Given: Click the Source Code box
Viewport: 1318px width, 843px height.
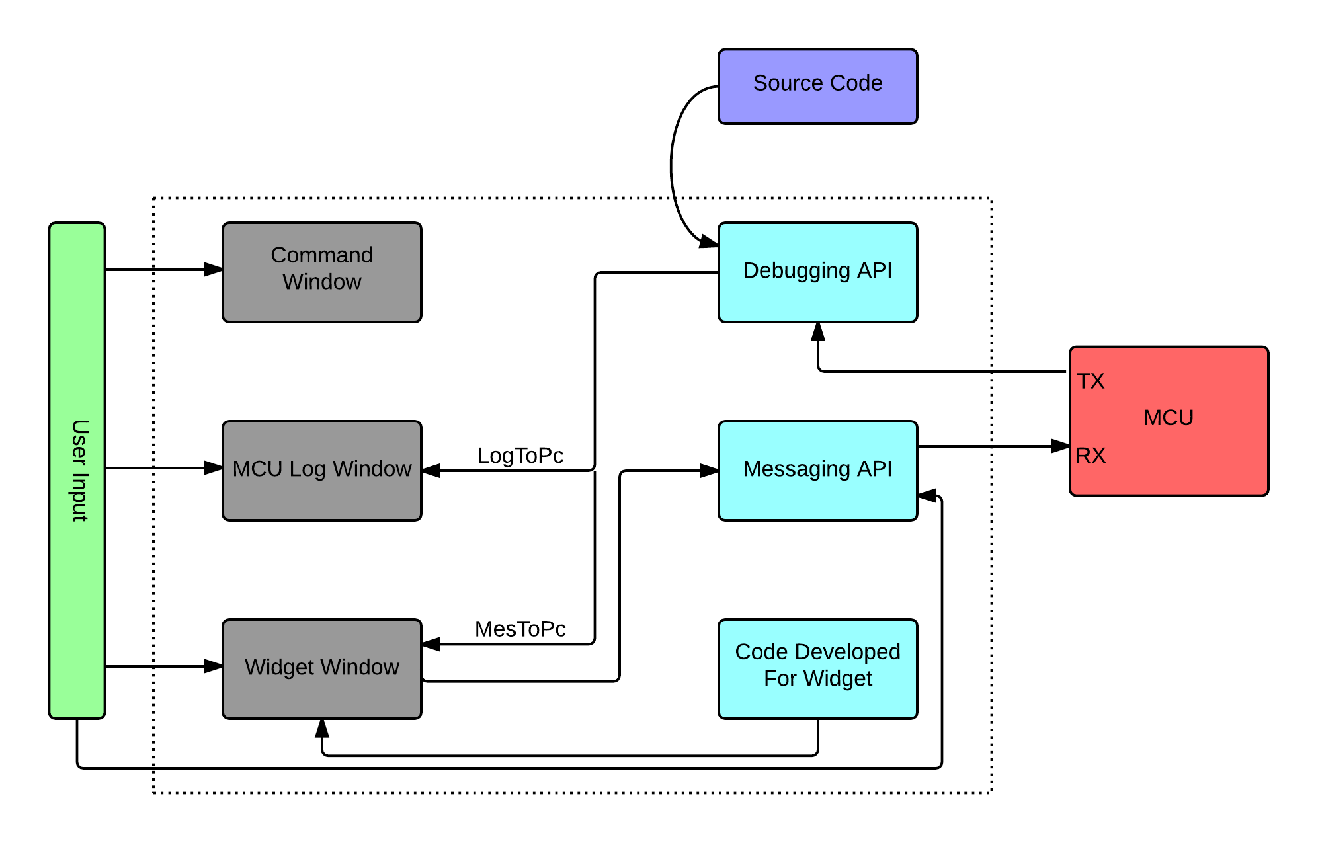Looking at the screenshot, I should [x=817, y=86].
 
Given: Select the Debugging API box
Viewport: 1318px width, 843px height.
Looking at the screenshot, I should [x=817, y=272].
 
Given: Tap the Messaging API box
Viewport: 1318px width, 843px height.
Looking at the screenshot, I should [x=817, y=470].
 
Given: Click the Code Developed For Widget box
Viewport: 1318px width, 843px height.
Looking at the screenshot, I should [x=817, y=668].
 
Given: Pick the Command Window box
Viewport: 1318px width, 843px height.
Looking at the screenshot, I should [x=321, y=272].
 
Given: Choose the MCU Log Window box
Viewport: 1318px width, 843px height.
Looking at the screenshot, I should [x=321, y=470].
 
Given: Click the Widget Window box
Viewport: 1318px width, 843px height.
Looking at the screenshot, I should [x=321, y=668].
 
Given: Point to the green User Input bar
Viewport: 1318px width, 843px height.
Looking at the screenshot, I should [x=77, y=470].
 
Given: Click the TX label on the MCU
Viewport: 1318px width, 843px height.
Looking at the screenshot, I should [x=1090, y=381].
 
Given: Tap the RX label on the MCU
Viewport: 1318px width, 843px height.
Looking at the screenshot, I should [x=1090, y=456].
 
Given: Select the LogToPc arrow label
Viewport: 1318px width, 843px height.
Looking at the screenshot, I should [x=520, y=456].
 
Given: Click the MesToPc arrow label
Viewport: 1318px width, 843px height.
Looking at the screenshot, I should [x=520, y=629].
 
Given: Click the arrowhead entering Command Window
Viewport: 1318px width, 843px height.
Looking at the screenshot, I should [x=214, y=269].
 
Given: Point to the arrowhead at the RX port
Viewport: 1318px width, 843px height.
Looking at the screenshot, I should [x=1061, y=446].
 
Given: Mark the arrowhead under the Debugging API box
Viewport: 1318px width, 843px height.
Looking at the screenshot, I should [x=818, y=332].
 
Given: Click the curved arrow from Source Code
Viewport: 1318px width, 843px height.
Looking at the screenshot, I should [x=672, y=165].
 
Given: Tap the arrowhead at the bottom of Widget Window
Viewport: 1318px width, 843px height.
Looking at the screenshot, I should [x=322, y=729].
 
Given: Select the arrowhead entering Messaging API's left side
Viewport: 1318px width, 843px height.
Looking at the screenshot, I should [x=710, y=471].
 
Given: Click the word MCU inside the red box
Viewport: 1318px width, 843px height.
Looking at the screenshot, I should [x=1169, y=418].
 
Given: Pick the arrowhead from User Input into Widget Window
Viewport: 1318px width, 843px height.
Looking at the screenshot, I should [x=214, y=666].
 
